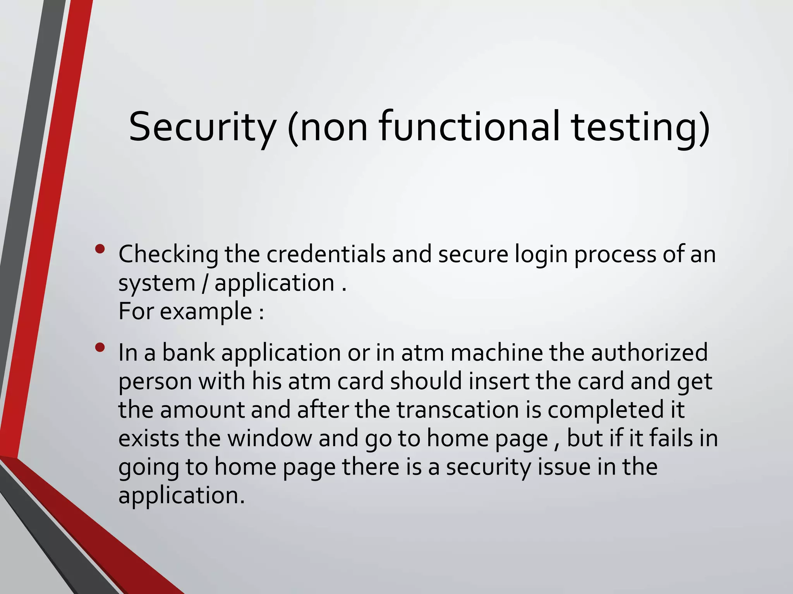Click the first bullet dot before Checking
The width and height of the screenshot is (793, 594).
[100, 249]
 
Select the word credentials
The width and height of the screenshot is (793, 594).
[326, 254]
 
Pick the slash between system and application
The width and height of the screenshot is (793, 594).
[204, 283]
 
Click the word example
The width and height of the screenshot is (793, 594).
[206, 312]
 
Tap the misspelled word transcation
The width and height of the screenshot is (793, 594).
[458, 410]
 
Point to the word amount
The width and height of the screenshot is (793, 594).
[203, 410]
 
